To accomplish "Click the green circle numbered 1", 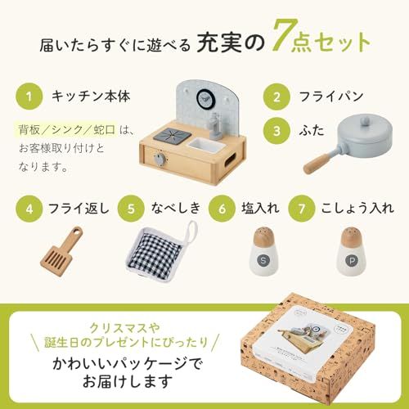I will pyautogui.click(x=29, y=97).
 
